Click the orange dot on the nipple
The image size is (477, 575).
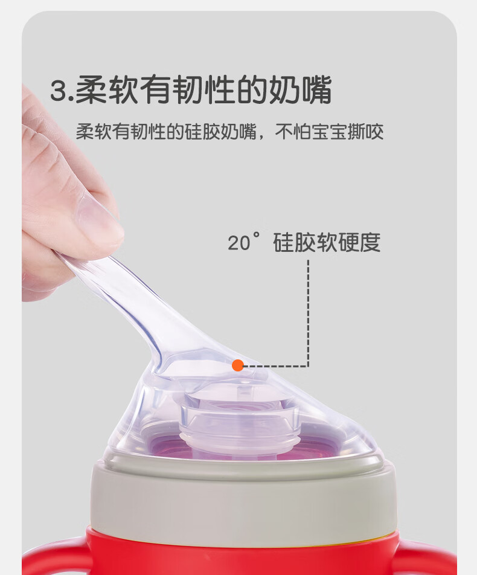pyautogui.click(x=237, y=365)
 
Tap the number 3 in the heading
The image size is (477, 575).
pyautogui.click(x=59, y=90)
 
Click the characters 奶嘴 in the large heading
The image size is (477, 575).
pyautogui.click(x=300, y=89)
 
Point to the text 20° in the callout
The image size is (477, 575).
pyautogui.click(x=243, y=242)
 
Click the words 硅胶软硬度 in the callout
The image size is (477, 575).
pyautogui.click(x=327, y=242)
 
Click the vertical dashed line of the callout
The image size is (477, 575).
pyautogui.click(x=308, y=313)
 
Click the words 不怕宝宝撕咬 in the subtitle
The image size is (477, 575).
pyautogui.click(x=329, y=132)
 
